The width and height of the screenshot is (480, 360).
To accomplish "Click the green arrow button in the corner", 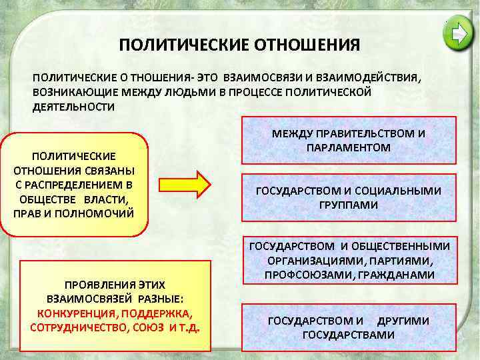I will click(460, 33).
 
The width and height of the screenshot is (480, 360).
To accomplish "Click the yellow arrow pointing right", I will click(193, 184).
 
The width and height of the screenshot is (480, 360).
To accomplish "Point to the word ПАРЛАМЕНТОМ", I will click(349, 146).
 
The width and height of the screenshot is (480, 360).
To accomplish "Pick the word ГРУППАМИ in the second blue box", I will click(349, 205).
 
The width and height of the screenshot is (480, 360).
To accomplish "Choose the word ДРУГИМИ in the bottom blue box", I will click(403, 321).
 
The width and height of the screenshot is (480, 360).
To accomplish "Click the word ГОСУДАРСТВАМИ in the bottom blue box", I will click(349, 334).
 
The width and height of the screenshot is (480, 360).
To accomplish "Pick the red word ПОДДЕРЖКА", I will click(155, 313).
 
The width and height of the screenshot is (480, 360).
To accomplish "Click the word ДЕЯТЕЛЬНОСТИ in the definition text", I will click(73, 107).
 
